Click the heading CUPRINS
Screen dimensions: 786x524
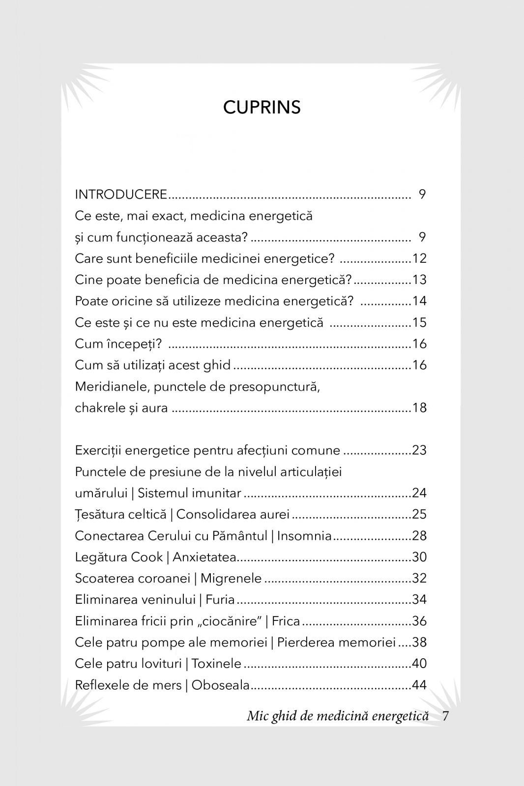262,108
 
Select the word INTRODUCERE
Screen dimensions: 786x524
121,195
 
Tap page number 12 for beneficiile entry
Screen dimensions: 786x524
419,258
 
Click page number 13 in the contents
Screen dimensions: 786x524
419,280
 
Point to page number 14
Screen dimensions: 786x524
419,301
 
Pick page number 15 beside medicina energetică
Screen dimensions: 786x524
419,323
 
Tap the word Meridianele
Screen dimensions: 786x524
111,387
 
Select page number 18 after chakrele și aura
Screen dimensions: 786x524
419,408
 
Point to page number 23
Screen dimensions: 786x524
419,450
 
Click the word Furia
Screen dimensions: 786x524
220,600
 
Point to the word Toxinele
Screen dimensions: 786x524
216,664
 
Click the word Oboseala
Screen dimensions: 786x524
221,685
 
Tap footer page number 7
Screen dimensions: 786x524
445,716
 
